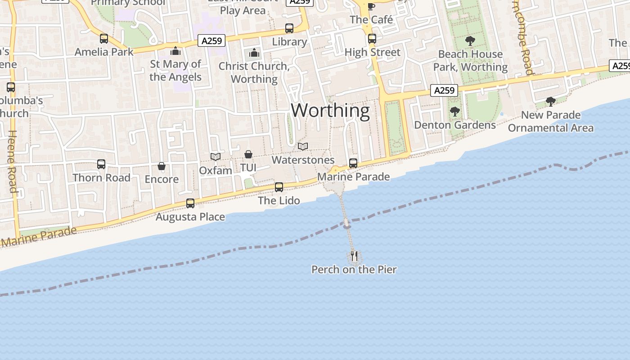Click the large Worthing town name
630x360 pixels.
coord(330,110)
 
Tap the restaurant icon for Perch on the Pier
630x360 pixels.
coord(354,256)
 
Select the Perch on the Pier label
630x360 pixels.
coord(354,270)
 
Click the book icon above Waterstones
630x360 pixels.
coord(303,147)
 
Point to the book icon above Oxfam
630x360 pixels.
coord(216,157)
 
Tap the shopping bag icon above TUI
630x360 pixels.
coord(248,155)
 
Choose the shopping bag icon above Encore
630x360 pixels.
coord(162,166)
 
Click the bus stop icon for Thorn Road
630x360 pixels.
coord(101,165)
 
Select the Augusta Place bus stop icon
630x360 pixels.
coord(190,203)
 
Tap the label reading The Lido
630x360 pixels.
coord(279,200)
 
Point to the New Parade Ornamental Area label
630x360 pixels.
coord(551,121)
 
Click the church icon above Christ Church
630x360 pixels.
coord(254,53)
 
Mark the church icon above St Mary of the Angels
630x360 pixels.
coord(175,51)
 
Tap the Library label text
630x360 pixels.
coord(289,42)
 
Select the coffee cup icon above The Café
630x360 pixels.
coord(371,6)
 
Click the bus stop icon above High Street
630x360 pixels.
coord(372,39)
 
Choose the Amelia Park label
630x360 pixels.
coord(104,52)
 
